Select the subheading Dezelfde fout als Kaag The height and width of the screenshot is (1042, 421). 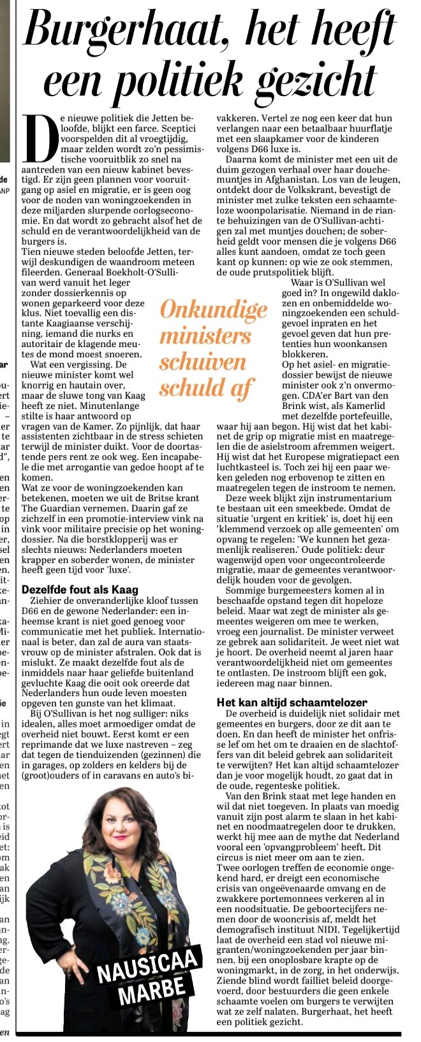(x=80, y=590)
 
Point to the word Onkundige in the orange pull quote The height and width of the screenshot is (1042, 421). (x=214, y=310)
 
